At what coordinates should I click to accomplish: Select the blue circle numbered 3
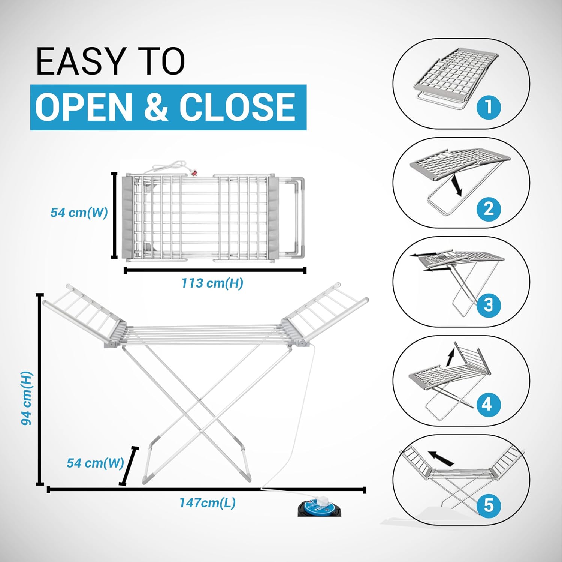(x=489, y=304)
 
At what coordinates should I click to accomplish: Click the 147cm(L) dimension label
(x=208, y=502)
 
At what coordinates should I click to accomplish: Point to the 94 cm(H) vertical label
(x=27, y=398)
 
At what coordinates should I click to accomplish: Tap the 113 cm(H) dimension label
(x=212, y=283)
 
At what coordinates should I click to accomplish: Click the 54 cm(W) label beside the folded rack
(x=79, y=213)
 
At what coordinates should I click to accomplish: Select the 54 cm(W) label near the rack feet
(x=95, y=463)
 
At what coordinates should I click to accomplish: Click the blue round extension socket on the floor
(x=320, y=507)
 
